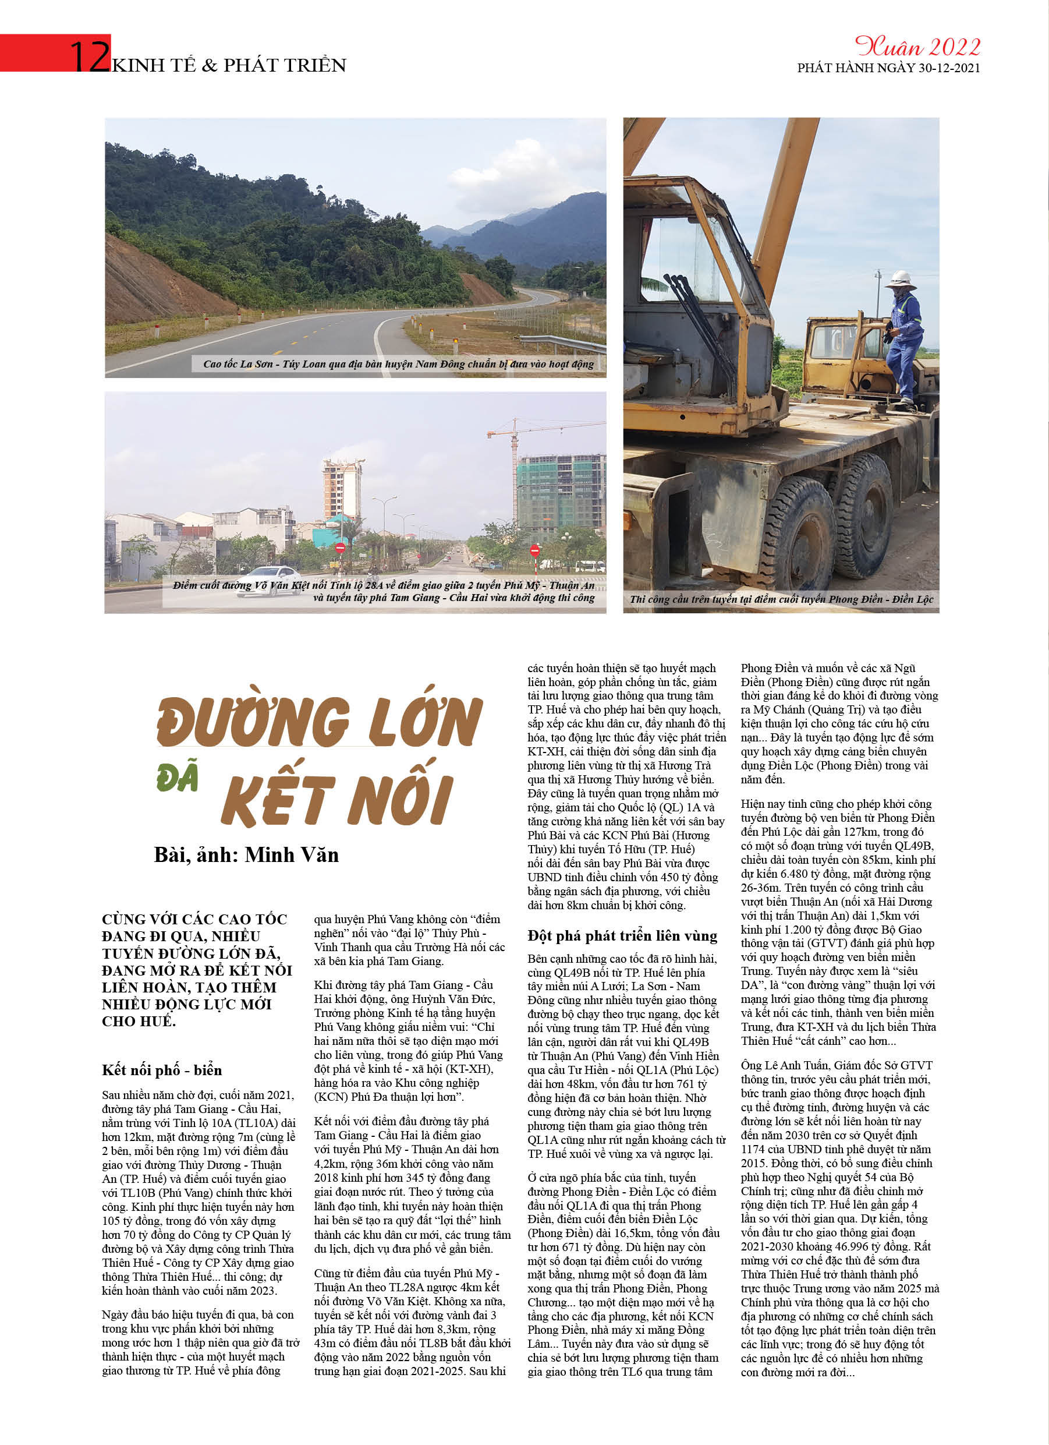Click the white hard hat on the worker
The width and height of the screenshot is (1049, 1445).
[x=901, y=278]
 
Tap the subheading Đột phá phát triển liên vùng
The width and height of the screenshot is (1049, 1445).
[x=622, y=936]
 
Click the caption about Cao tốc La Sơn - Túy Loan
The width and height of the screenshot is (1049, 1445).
[x=398, y=364]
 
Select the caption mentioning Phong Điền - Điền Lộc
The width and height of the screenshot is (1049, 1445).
[x=781, y=599]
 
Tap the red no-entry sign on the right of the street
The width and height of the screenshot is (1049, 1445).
[x=535, y=550]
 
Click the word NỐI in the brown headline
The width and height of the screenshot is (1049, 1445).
[x=401, y=799]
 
